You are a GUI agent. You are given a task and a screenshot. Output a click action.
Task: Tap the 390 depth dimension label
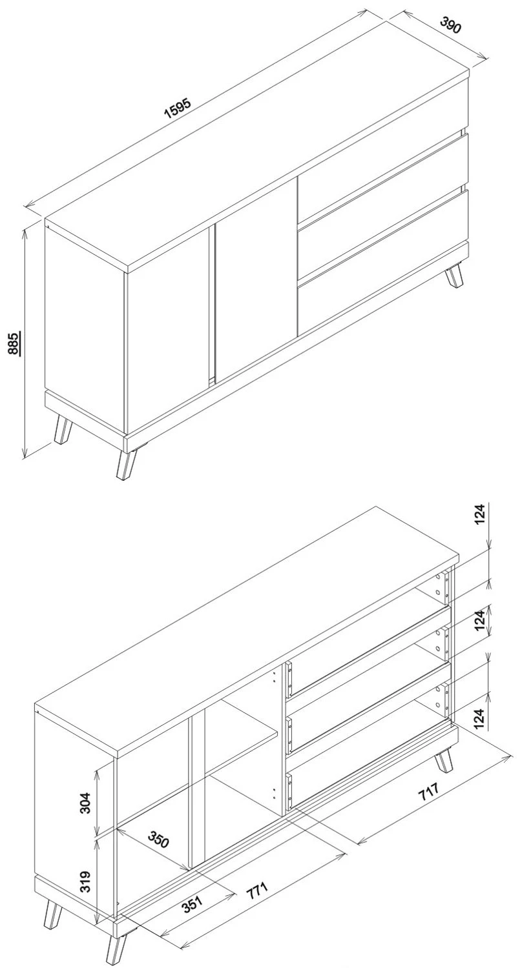[451, 25]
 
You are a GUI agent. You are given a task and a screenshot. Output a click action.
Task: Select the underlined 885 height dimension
[14, 343]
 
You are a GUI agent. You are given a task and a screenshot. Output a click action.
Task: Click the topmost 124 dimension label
[481, 514]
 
